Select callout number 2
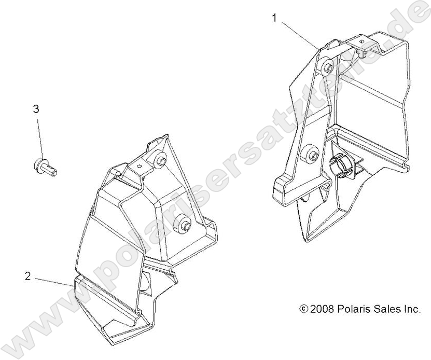point(27,276)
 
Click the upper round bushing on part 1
point(327,66)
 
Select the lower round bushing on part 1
point(312,154)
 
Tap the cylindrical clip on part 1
point(339,165)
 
